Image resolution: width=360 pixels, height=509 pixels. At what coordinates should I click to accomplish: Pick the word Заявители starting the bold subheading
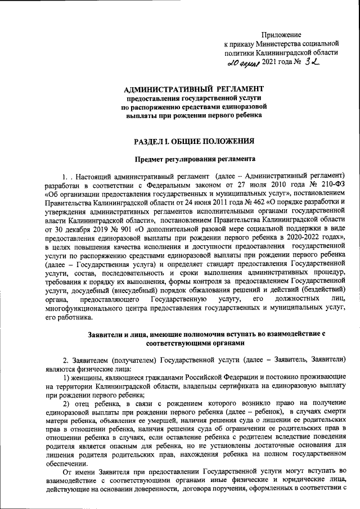(x=106, y=334)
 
